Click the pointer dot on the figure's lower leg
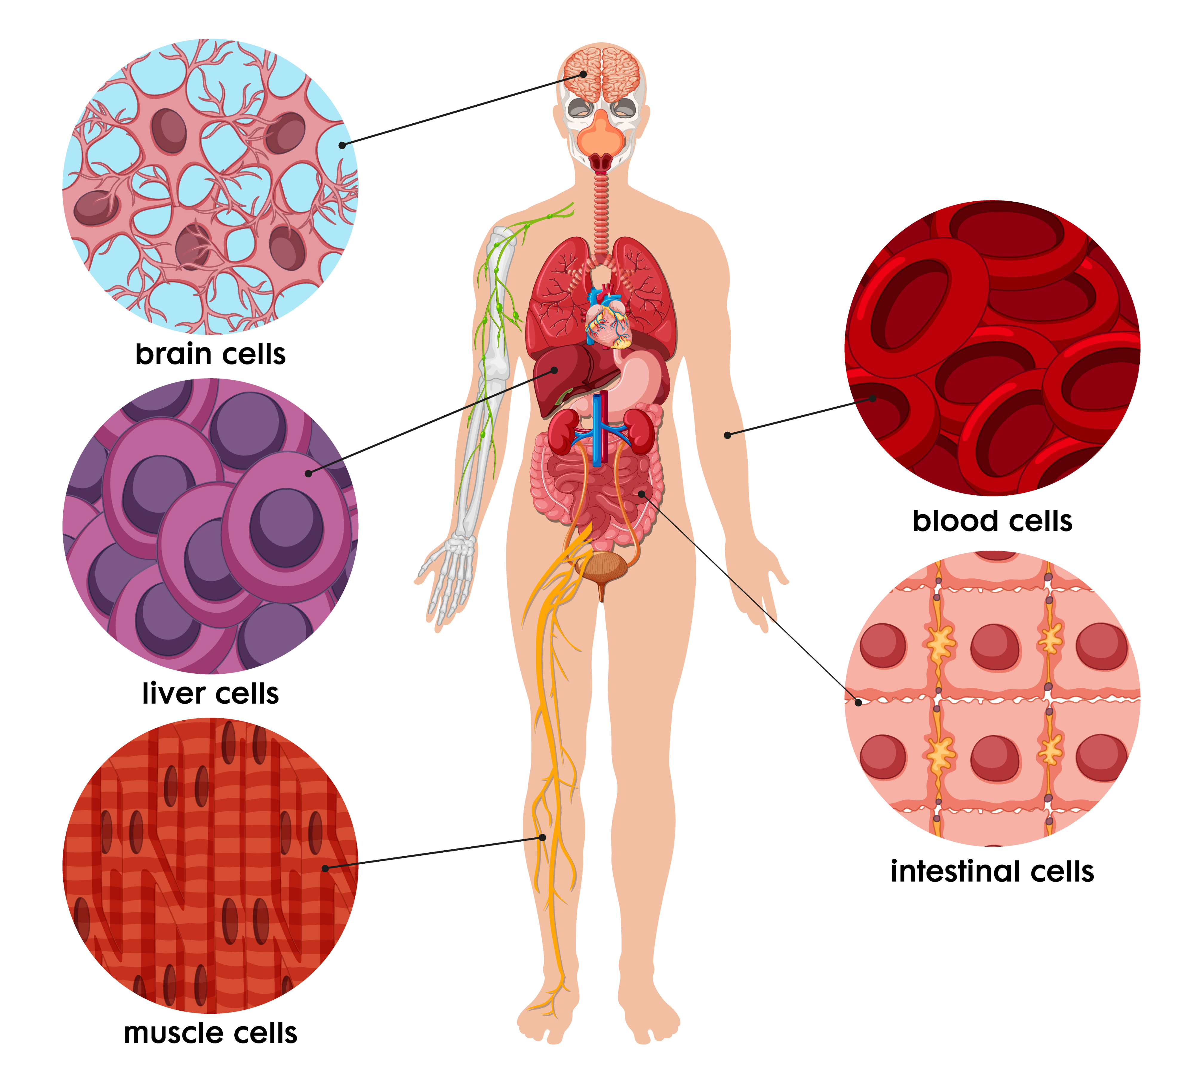click(542, 837)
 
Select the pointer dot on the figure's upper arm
click(727, 435)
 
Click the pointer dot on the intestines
click(642, 493)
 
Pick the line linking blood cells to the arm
click(800, 416)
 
